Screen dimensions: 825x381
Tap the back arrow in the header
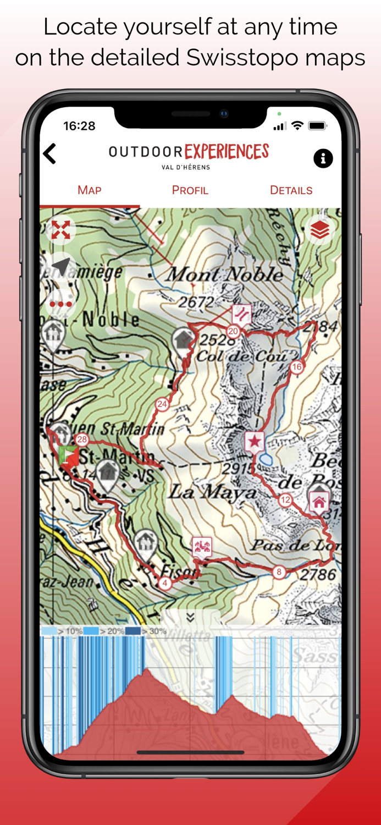pos(50,154)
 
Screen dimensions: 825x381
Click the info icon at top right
pos(323,158)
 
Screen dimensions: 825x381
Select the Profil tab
pos(190,190)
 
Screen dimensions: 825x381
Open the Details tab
pos(291,190)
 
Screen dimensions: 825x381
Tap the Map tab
pos(89,190)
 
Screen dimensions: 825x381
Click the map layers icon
pos(320,230)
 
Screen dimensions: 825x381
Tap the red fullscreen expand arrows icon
pos(60,230)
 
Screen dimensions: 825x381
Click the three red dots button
pos(60,304)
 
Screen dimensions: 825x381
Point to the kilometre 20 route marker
pos(233,331)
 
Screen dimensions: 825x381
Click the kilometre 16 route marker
pos(297,367)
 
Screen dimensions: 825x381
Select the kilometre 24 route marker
pos(162,404)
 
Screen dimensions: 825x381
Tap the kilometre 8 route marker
pos(279,572)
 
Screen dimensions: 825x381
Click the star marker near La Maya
pos(254,441)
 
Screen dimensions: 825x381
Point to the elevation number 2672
pos(196,302)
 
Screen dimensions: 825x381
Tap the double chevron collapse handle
pos(190,618)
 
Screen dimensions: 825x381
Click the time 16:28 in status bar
pos(79,126)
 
